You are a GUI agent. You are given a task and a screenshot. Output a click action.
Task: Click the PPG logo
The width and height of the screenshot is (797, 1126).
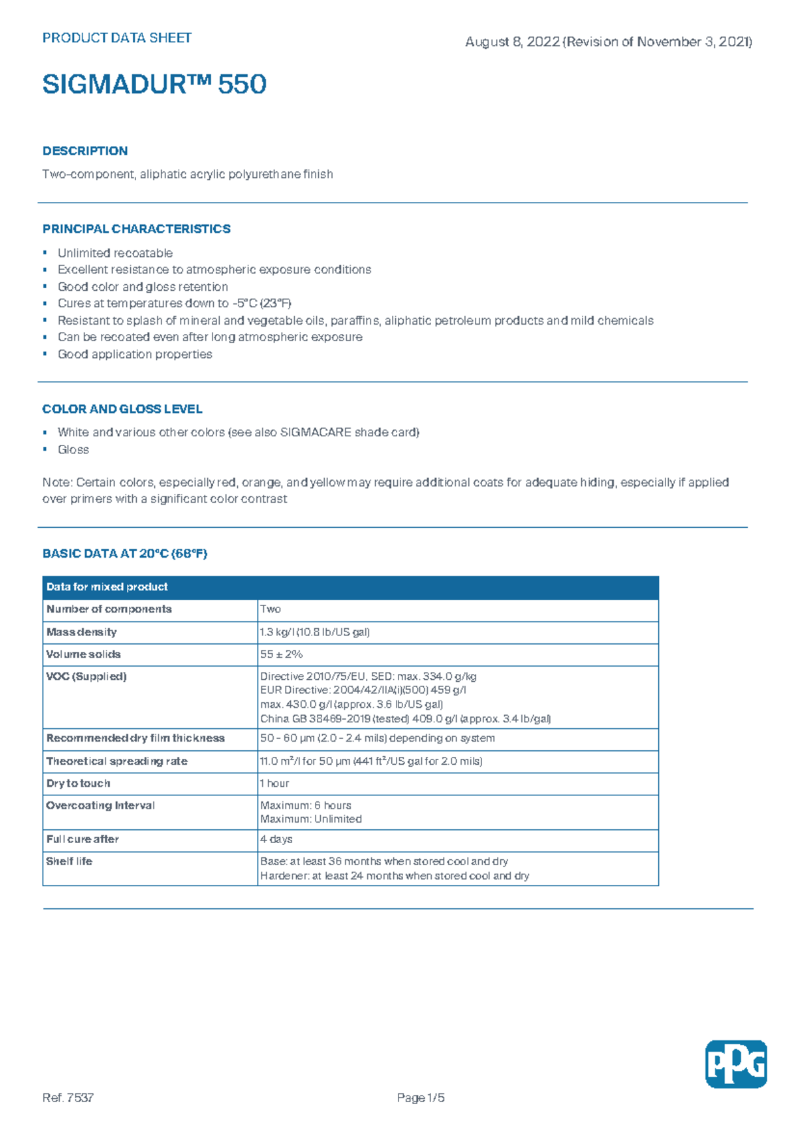tap(735, 1064)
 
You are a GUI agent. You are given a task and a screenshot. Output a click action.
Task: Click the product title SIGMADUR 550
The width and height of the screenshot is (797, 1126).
tap(154, 84)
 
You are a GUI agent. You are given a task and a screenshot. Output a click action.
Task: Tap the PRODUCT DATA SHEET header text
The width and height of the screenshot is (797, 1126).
tap(117, 38)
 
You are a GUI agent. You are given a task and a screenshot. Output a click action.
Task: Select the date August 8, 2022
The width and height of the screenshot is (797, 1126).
tap(512, 42)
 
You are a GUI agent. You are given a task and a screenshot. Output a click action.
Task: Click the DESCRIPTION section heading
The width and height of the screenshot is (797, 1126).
tap(85, 151)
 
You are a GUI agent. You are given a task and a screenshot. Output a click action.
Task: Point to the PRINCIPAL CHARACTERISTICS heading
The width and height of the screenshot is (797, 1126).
tap(136, 229)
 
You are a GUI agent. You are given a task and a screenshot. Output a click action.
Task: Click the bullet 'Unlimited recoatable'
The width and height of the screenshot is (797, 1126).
tap(115, 253)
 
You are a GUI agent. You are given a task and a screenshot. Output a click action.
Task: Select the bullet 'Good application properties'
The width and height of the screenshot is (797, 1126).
tap(135, 355)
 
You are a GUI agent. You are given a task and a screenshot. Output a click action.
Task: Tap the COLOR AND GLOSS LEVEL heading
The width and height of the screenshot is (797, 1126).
tap(122, 409)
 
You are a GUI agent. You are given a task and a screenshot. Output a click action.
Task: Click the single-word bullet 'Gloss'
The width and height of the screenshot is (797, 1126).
tap(73, 449)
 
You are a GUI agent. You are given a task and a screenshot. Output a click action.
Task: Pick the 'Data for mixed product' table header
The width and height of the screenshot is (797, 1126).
tap(107, 587)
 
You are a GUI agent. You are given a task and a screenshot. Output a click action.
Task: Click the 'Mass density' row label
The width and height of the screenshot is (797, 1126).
tap(82, 632)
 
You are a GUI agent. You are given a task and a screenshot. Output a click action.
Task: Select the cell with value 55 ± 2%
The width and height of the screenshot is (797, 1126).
tap(282, 654)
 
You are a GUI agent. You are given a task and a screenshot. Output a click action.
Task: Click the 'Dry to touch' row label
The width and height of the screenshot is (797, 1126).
tap(78, 783)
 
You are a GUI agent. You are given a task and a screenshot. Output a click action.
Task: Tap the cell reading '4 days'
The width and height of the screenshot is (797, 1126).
tap(276, 839)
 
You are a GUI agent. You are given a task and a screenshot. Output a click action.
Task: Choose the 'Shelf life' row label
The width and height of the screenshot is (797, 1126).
tap(69, 861)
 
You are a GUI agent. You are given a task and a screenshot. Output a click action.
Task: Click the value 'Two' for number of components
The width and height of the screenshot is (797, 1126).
tap(270, 609)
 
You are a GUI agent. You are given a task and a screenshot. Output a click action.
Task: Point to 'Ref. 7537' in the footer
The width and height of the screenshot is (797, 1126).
tap(68, 1097)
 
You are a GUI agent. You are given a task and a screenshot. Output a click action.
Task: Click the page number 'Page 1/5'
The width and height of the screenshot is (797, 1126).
tap(420, 1097)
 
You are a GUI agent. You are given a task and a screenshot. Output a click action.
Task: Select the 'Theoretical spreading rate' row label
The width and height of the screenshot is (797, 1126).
tap(117, 761)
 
